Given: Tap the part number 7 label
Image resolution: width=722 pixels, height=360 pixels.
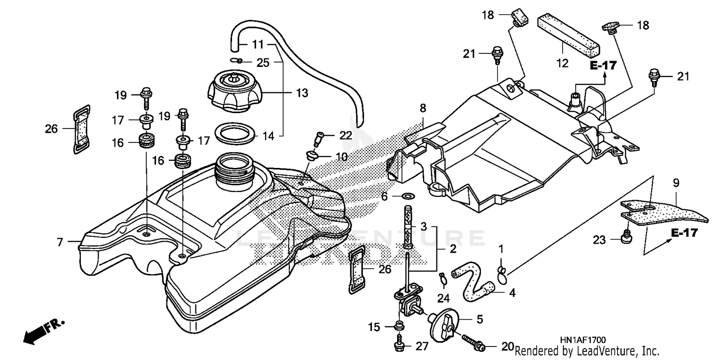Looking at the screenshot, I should tap(60, 243).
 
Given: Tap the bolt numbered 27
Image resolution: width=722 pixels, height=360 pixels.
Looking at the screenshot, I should tap(399, 345).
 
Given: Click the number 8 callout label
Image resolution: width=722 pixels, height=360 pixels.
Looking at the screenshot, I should tap(423, 108).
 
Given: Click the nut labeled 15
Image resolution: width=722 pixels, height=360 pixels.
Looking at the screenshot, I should tap(399, 326).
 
